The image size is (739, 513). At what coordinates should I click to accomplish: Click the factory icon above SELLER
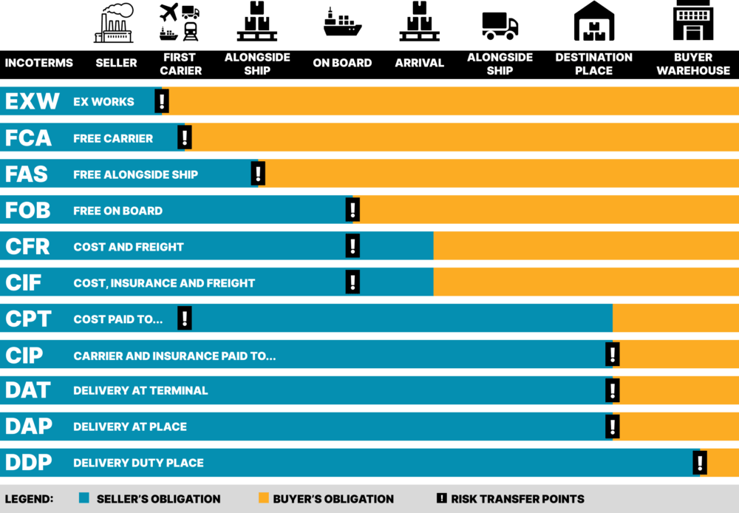pyautogui.click(x=114, y=23)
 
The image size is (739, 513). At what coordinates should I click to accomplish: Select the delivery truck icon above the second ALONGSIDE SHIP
pyautogui.click(x=500, y=25)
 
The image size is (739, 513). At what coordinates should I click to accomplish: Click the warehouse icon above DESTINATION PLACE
pyautogui.click(x=594, y=21)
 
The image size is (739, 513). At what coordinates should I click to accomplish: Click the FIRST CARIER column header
pyautogui.click(x=180, y=64)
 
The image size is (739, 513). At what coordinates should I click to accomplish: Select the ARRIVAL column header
pyautogui.click(x=420, y=63)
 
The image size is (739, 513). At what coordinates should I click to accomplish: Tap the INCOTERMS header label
pyautogui.click(x=38, y=63)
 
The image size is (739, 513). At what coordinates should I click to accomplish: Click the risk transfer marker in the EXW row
pyautogui.click(x=162, y=101)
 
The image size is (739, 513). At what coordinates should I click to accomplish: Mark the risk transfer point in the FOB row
pyautogui.click(x=353, y=210)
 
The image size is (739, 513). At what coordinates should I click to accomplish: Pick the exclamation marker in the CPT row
pyautogui.click(x=184, y=319)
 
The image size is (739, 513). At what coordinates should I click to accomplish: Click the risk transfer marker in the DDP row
pyautogui.click(x=700, y=463)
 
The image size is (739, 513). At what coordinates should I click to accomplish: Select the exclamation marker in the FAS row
pyautogui.click(x=258, y=174)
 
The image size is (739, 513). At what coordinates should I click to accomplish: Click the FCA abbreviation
pyautogui.click(x=28, y=137)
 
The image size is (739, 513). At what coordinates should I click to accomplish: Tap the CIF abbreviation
pyautogui.click(x=23, y=282)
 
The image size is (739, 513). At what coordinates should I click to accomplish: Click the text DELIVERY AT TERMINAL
pyautogui.click(x=140, y=390)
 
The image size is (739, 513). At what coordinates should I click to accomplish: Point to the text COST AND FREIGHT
pyautogui.click(x=128, y=247)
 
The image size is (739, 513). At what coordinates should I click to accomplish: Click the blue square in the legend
pyautogui.click(x=84, y=497)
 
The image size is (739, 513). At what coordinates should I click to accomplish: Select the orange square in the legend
pyautogui.click(x=264, y=497)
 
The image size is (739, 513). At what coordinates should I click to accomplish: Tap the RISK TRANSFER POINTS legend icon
pyautogui.click(x=442, y=498)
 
